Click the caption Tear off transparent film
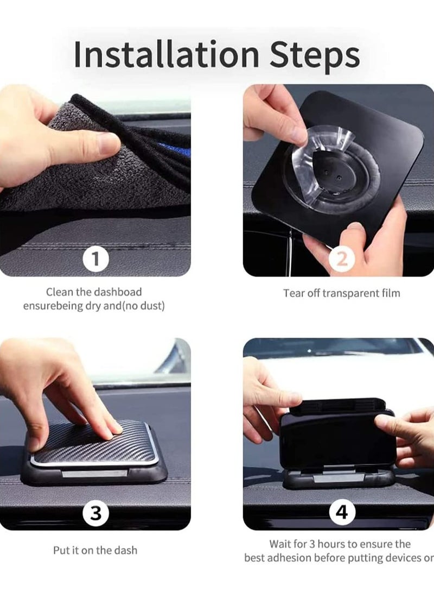341,293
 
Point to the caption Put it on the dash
95,550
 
